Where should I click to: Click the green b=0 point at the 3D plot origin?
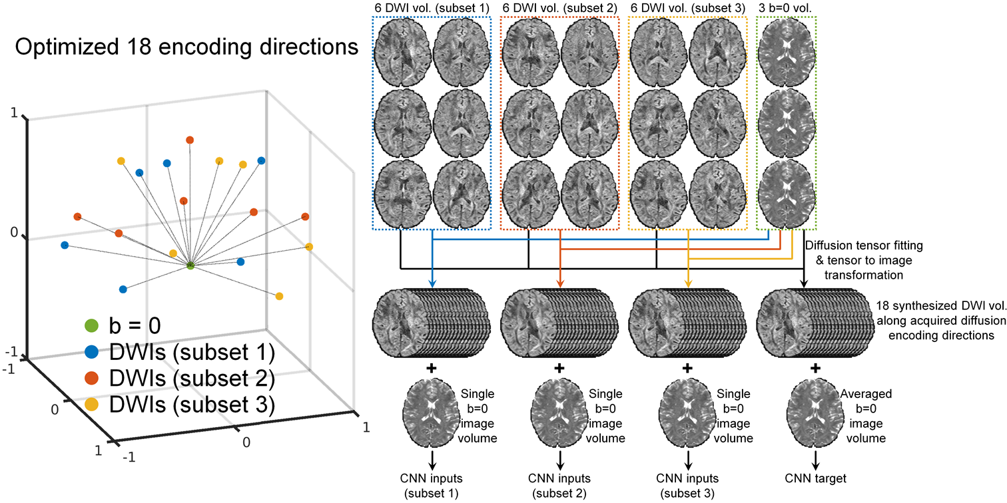coord(190,265)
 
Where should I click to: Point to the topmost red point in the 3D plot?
coord(190,140)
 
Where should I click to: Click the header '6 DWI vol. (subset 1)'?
coord(432,7)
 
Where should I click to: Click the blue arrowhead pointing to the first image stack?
coord(433,285)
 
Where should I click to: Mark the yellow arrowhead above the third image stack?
coord(687,285)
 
